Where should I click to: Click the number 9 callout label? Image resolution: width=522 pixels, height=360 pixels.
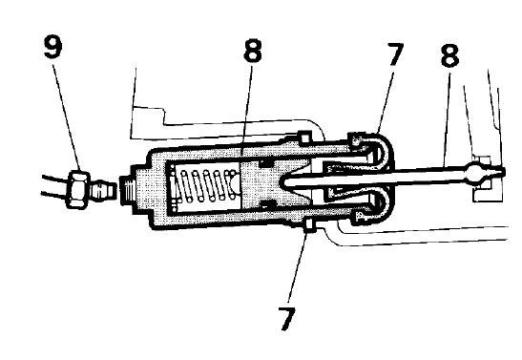[52, 47]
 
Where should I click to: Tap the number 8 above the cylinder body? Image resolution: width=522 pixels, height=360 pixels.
[253, 51]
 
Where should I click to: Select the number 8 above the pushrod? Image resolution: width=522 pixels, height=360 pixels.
[449, 55]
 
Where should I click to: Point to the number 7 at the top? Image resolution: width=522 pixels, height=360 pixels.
[395, 54]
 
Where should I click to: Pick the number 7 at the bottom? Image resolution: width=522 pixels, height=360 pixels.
[286, 319]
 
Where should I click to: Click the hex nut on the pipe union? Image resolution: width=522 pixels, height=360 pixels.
[78, 189]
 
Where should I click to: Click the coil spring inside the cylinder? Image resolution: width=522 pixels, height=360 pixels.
[205, 185]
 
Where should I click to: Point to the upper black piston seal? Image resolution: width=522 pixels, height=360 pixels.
[265, 163]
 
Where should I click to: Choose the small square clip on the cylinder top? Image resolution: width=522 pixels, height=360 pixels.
[304, 138]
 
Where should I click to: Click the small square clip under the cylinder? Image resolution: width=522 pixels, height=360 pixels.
[310, 225]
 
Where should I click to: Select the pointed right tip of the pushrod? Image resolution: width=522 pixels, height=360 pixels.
[504, 172]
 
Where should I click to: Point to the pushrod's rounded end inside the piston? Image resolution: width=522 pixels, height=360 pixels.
[283, 181]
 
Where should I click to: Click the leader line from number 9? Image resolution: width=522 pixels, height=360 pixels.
[67, 116]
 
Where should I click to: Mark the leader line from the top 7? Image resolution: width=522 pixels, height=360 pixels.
[386, 100]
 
